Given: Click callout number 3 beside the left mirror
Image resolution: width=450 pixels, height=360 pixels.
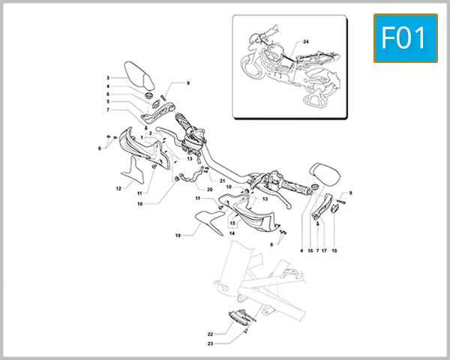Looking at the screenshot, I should click(x=108, y=78).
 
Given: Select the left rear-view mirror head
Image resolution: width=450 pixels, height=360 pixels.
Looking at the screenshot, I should click(x=136, y=75).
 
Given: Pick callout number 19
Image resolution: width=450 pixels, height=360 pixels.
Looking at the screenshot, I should click(x=178, y=235).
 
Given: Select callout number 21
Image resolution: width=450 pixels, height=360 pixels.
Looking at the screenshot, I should click(x=223, y=181).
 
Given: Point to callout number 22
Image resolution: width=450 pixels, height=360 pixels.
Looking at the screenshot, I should click(x=211, y=334).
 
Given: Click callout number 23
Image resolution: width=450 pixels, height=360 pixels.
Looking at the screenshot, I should click(x=211, y=343).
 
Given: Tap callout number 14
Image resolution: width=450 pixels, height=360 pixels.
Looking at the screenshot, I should click(x=232, y=234).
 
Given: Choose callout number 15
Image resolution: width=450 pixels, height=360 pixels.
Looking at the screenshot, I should click(x=232, y=223).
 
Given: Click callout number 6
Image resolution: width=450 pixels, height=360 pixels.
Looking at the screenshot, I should click(x=108, y=94).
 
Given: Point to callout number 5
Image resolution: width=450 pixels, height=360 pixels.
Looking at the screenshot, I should click(x=108, y=101).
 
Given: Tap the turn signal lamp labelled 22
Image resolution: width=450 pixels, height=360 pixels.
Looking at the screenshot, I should click(x=240, y=318).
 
